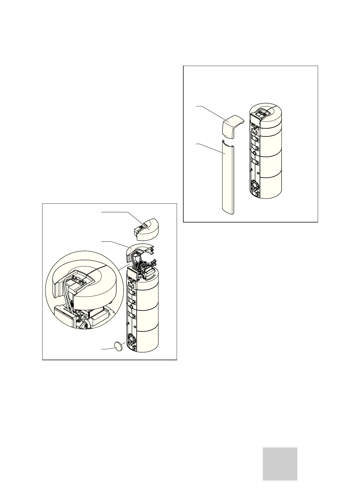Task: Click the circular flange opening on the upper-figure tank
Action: pos(255,184)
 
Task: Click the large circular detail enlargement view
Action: pos(83,290)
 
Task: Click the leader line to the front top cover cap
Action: pos(210,112)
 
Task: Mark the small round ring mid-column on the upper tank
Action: pos(254,152)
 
